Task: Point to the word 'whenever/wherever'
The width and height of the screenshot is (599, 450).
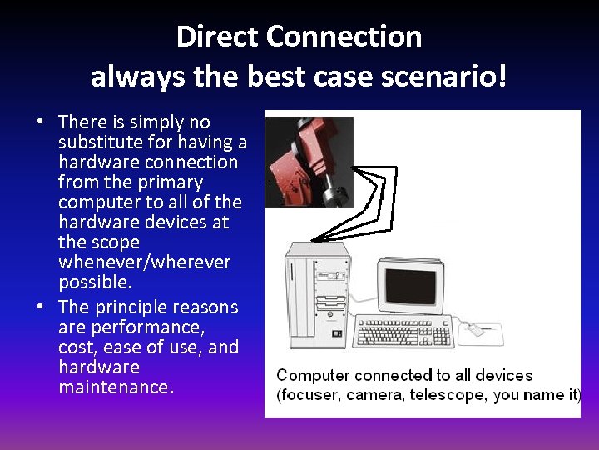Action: pos(144,262)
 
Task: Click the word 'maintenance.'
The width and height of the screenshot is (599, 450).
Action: pos(116,387)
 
